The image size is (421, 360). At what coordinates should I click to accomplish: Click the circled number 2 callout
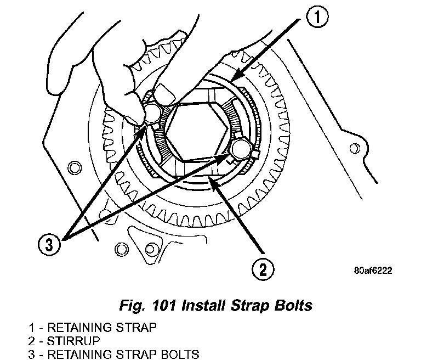[263, 269]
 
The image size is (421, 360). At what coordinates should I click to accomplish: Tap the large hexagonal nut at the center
[196, 134]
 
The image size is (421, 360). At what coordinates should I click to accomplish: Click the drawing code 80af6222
[373, 271]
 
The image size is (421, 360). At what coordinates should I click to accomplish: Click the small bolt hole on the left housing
[71, 166]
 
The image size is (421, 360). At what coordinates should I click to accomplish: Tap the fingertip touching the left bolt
[136, 115]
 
